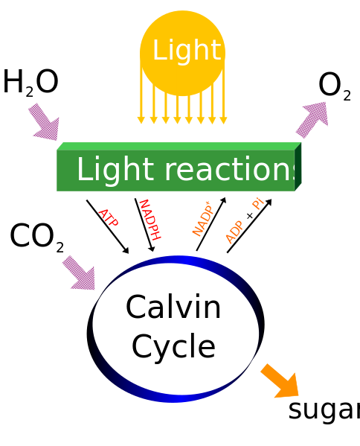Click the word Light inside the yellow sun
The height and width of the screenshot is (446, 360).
pyautogui.click(x=186, y=51)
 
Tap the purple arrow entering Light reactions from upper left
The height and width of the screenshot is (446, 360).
pyautogui.click(x=44, y=122)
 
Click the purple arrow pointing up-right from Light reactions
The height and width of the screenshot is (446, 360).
pyautogui.click(x=312, y=119)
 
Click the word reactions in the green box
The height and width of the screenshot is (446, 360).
pyautogui.click(x=226, y=170)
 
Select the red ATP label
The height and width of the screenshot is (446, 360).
pyautogui.click(x=108, y=218)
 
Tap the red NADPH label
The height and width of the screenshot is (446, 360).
pyautogui.click(x=149, y=220)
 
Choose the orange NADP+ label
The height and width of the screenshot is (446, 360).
pyautogui.click(x=202, y=219)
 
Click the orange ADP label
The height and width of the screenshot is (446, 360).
pyautogui.click(x=234, y=232)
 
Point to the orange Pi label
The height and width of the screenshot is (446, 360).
pyautogui.click(x=258, y=203)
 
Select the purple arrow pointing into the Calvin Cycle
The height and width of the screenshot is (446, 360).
pyautogui.click(x=79, y=273)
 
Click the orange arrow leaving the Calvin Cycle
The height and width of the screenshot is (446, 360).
pyautogui.click(x=280, y=381)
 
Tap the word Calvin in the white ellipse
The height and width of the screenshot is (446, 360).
pyautogui.click(x=173, y=308)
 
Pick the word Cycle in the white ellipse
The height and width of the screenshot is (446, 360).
pyautogui.click(x=173, y=347)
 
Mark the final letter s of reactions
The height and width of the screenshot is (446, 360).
pyautogui.click(x=301, y=171)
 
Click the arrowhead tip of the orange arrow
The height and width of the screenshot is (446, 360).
pyautogui.click(x=298, y=395)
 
